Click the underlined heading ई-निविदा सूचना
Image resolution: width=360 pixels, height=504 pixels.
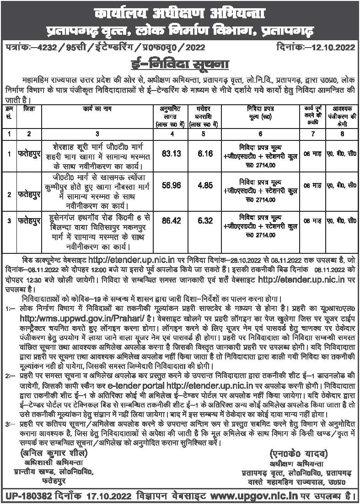(x=179, y=62)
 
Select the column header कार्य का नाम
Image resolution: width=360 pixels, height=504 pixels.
(x=97, y=110)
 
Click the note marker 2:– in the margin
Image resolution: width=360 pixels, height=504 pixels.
(x=10, y=375)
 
